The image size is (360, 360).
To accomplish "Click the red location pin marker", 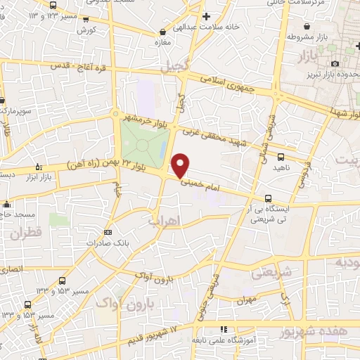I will [180, 165].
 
